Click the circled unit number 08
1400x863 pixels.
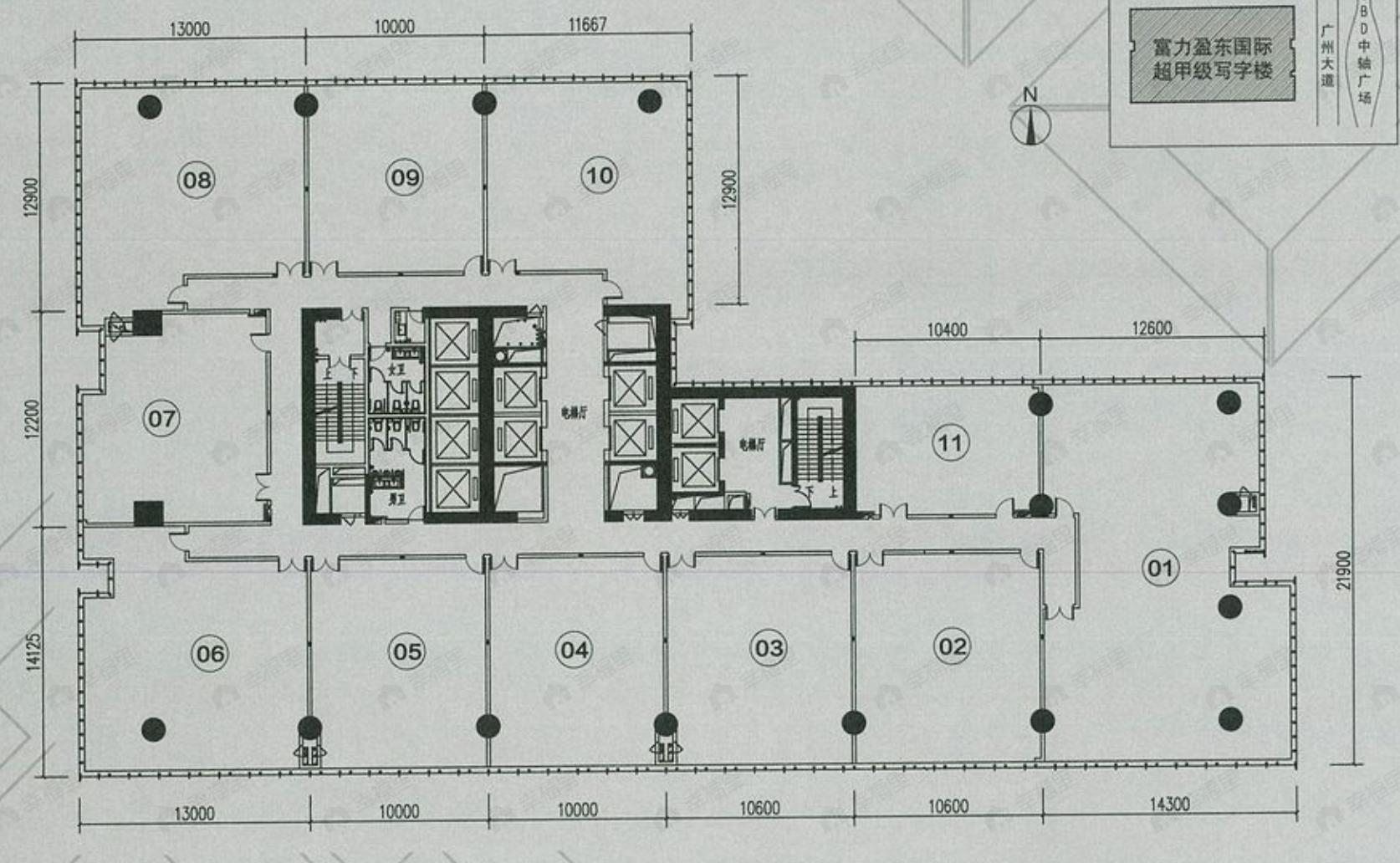click(x=197, y=180)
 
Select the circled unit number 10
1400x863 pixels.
click(x=599, y=176)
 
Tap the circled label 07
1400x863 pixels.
click(x=161, y=418)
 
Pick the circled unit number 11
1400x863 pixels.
click(x=950, y=442)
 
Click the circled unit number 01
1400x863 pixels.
click(x=1160, y=569)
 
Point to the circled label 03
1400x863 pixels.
click(x=769, y=648)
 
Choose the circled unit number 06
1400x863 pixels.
click(x=210, y=654)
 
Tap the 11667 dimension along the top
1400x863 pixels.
click(x=587, y=24)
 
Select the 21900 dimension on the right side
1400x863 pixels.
click(x=1344, y=570)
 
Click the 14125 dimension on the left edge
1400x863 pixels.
click(x=33, y=651)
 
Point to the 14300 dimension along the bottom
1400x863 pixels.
click(x=1168, y=804)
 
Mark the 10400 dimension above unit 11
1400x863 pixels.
click(x=947, y=329)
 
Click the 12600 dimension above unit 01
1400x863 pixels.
click(x=1151, y=328)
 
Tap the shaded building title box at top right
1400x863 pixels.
click(x=1212, y=57)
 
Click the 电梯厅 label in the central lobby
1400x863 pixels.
click(x=574, y=412)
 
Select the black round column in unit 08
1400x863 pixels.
click(x=150, y=106)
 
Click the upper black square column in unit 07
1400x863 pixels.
click(x=147, y=323)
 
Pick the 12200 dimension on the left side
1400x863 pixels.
click(x=33, y=418)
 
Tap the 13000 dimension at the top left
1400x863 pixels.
click(x=190, y=29)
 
